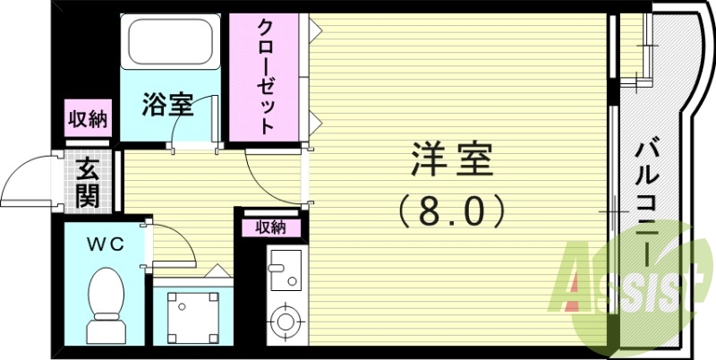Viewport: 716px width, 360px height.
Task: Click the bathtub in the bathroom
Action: pos(171,42)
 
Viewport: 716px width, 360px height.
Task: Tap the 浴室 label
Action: pos(167,105)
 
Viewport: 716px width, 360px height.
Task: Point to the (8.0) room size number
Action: pos(453,211)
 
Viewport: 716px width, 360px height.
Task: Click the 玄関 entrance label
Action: pos(88,183)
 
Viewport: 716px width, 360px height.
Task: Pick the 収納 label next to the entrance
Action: pos(88,119)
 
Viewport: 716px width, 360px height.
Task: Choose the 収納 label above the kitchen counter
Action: pos(270,227)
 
